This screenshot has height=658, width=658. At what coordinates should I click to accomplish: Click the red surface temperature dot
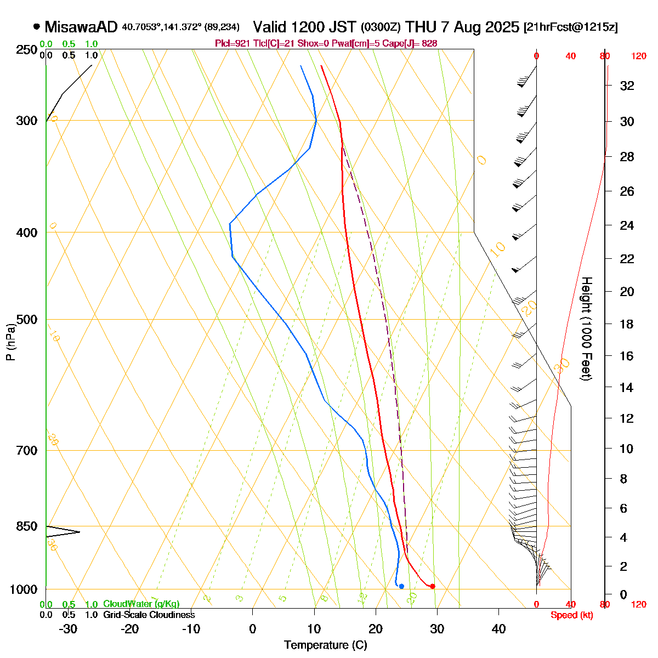433,586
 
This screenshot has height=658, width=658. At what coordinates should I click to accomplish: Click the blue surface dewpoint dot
401,586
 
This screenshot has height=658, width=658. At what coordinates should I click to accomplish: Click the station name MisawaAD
81,27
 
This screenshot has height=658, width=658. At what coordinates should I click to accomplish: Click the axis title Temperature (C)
325,645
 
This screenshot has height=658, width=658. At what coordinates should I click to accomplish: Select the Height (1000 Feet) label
586,329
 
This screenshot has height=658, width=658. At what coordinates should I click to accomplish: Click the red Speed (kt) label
572,615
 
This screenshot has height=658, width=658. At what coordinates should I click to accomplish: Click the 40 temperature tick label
498,629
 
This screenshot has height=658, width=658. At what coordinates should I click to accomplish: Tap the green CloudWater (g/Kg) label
141,604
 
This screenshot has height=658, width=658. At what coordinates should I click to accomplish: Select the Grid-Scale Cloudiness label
149,615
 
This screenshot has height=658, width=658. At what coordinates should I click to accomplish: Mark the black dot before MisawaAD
37,26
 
